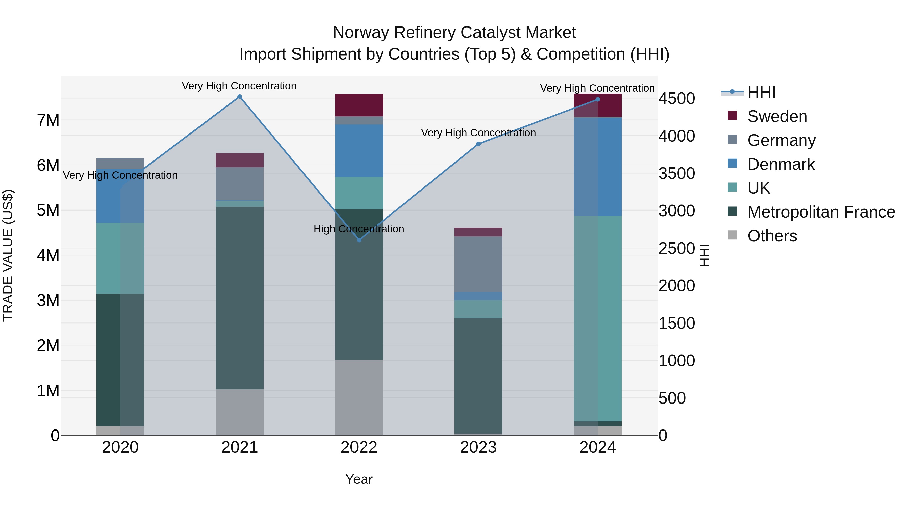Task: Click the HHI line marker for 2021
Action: pos(240,97)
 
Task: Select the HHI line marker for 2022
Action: pos(359,240)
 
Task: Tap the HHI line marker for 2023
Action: pos(478,144)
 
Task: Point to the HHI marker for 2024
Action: pos(597,99)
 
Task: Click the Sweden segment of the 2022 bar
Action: pos(359,105)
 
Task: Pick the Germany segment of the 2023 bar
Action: pos(478,264)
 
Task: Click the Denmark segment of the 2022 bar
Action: pos(359,151)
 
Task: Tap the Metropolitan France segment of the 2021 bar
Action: pos(240,298)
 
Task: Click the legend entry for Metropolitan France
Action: pos(821,212)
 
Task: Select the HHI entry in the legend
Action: pos(761,92)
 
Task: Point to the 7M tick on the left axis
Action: pos(48,120)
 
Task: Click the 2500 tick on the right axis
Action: pos(676,248)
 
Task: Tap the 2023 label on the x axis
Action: pos(478,447)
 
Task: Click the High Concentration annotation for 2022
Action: pos(359,229)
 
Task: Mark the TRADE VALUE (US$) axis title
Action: pos(8,255)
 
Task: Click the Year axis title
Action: pos(359,479)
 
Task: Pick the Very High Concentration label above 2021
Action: pos(239,86)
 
